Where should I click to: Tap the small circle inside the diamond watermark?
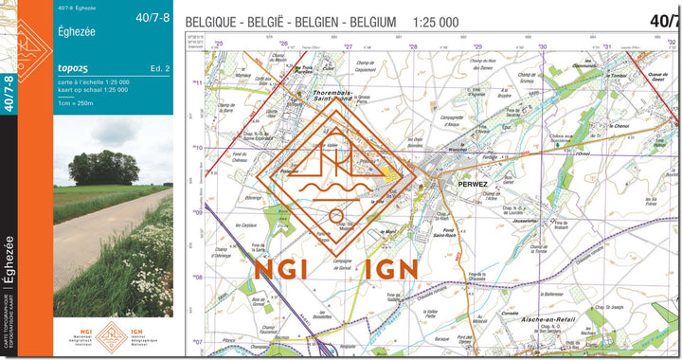coord(335,216)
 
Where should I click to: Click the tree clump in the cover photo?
coord(103,168)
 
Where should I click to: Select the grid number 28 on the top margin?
coord(413,45)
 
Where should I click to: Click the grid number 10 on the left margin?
coord(198,148)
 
